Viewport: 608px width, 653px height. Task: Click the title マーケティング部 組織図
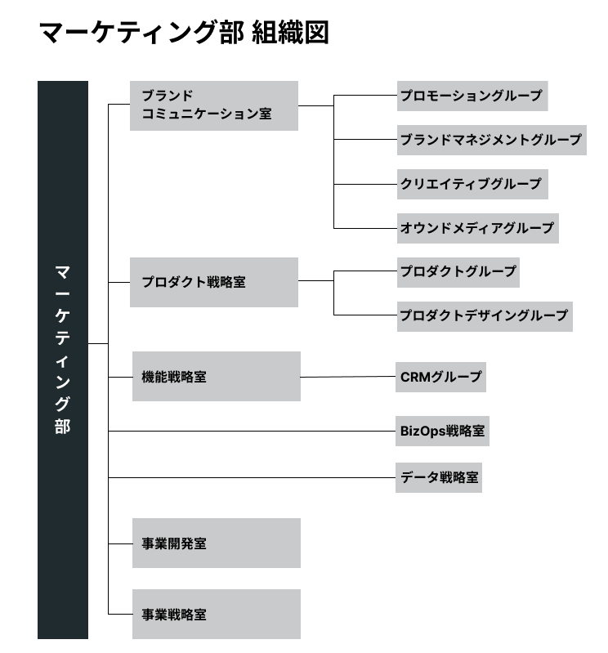(x=184, y=33)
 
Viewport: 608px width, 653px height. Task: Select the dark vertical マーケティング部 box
(x=63, y=360)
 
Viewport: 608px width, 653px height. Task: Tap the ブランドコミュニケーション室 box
(x=214, y=105)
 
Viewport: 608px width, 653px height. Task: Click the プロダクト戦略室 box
(x=214, y=282)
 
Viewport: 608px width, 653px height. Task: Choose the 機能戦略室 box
(x=217, y=377)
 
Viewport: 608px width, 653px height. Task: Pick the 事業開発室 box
(x=217, y=543)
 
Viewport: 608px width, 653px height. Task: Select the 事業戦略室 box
(x=217, y=614)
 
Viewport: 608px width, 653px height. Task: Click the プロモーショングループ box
(x=472, y=96)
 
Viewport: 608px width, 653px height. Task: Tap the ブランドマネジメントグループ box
(x=492, y=140)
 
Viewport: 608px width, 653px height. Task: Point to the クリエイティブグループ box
(x=472, y=184)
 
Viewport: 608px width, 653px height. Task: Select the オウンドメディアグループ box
(x=477, y=228)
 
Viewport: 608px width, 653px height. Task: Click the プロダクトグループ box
(x=458, y=272)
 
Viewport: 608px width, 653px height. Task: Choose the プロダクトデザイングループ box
(x=485, y=316)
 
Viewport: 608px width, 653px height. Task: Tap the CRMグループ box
(x=440, y=378)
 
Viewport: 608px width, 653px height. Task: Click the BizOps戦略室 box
(x=442, y=431)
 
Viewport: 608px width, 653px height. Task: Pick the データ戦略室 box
(x=439, y=477)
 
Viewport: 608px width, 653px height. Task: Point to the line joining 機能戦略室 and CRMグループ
(x=348, y=377)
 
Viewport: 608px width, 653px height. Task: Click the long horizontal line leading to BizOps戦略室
(x=252, y=431)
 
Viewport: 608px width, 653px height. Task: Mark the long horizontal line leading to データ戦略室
(x=252, y=477)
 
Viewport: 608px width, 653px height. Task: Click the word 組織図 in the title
(x=290, y=33)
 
